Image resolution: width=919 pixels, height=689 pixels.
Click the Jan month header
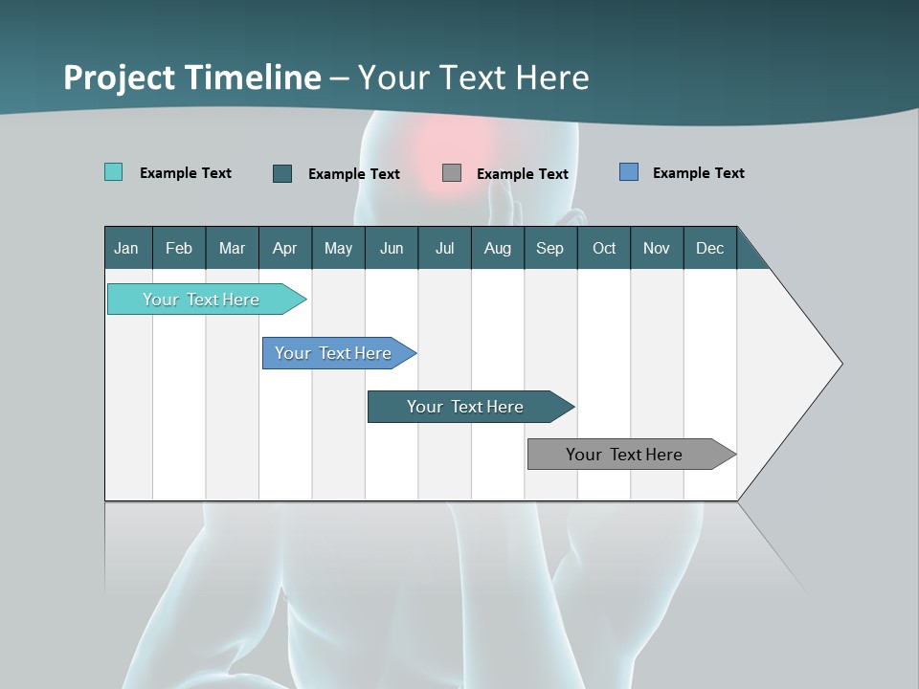pos(127,248)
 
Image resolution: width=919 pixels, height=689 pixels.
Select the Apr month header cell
pos(284,248)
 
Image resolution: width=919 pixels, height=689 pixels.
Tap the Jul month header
pos(444,248)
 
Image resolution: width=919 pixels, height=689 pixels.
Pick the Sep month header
pos(549,248)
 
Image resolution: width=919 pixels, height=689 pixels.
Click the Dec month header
pos(709,248)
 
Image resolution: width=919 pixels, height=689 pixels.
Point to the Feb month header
pos(179,248)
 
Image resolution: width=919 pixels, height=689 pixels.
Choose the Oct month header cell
pos(603,248)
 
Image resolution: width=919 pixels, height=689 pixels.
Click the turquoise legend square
pos(113,172)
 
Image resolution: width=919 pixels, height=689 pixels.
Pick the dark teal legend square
pos(281,173)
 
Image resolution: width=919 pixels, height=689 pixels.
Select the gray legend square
pos(452,173)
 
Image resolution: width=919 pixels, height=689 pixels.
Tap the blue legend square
pos(628,172)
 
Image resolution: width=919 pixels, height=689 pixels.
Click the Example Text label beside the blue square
pos(698,173)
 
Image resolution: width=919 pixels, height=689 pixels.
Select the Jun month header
pos(392,248)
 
